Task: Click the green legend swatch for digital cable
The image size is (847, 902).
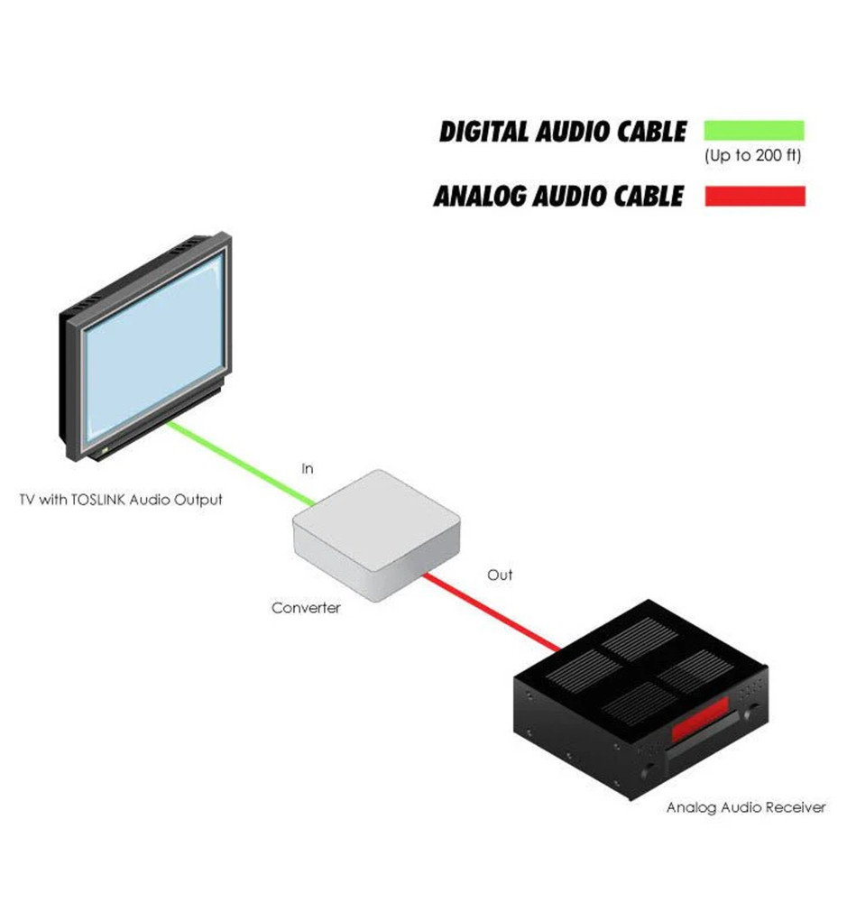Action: point(753,130)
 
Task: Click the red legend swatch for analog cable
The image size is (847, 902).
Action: point(754,196)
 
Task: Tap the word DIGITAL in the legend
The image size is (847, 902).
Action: point(484,132)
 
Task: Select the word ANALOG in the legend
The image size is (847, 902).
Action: point(478,196)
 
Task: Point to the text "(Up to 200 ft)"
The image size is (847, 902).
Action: point(752,156)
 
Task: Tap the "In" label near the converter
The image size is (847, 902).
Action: point(308,469)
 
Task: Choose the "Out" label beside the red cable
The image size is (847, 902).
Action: point(500,575)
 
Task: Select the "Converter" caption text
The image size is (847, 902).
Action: point(306,608)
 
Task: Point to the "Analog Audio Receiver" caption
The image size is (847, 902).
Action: point(745,807)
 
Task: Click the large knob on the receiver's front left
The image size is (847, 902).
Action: point(647,772)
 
